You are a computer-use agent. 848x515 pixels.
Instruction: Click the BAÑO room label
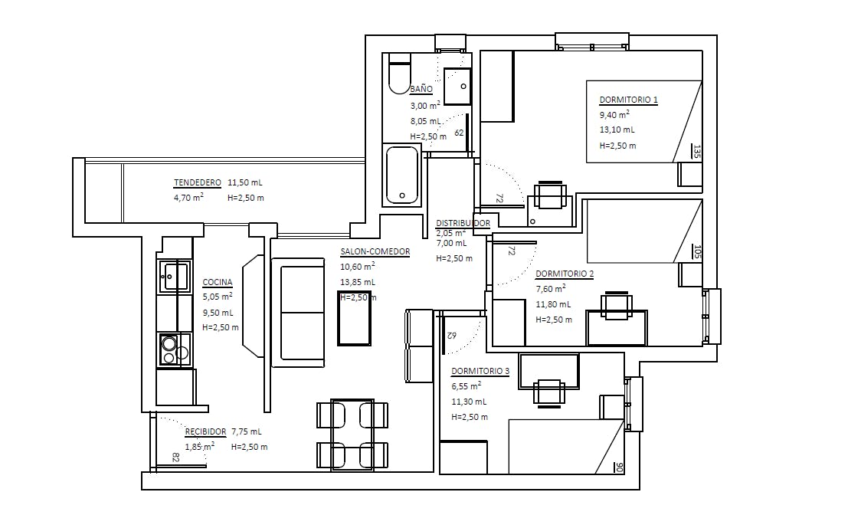[x=421, y=89]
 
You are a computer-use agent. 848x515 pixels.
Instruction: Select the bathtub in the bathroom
[x=402, y=175]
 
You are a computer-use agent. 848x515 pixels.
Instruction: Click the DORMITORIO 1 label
[x=628, y=100]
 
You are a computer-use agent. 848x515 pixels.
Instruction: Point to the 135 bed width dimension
[x=696, y=152]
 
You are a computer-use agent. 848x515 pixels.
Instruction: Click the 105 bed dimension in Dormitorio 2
[x=696, y=251]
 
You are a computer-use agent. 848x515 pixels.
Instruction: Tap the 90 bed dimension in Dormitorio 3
[x=619, y=467]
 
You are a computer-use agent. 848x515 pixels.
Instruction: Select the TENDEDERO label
[x=198, y=182]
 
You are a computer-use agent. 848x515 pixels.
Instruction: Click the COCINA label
[x=218, y=282]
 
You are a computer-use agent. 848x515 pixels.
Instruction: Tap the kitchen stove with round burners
[x=175, y=349]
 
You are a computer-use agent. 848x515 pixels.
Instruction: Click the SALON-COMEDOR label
[x=375, y=251]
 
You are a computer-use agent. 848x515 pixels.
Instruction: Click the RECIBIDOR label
[x=206, y=431]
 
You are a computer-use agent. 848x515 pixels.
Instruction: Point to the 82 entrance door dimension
[x=176, y=458]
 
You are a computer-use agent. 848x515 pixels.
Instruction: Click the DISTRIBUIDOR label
[x=463, y=223]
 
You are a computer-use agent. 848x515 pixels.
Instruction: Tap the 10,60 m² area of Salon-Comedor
[x=357, y=267]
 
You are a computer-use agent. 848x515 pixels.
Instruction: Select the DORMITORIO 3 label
[x=480, y=372]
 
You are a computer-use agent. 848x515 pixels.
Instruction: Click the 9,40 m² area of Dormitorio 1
[x=614, y=115]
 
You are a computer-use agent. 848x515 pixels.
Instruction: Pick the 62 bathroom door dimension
[x=459, y=133]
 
